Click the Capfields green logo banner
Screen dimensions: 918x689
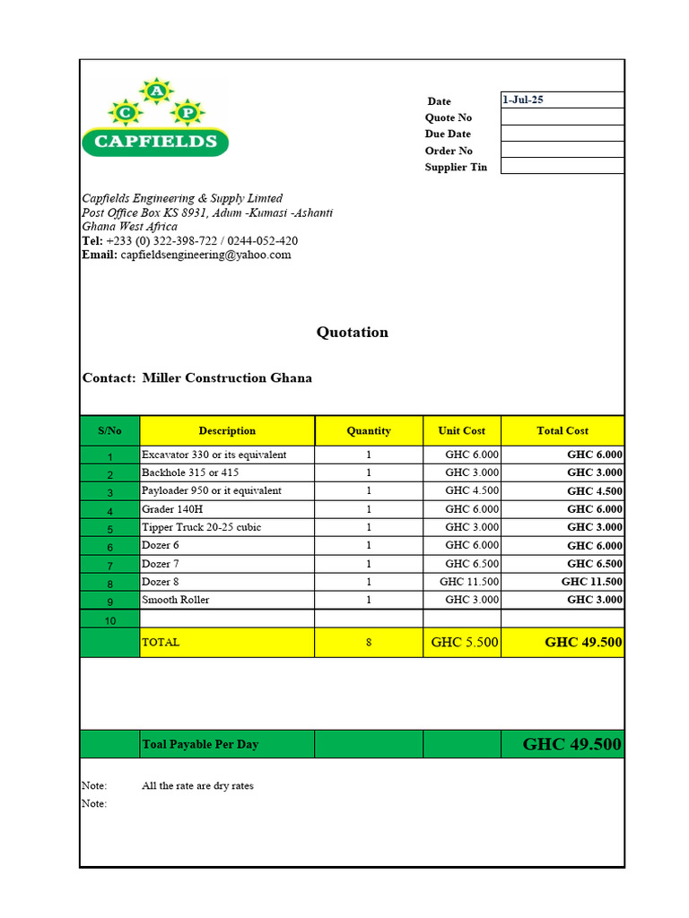click(x=155, y=141)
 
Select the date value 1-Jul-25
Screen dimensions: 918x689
click(x=523, y=100)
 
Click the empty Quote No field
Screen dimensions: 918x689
click(x=562, y=117)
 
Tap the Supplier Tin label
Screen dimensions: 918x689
click(x=456, y=168)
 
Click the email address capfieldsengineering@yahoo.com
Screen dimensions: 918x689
click(x=205, y=255)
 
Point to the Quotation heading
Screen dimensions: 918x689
click(x=353, y=333)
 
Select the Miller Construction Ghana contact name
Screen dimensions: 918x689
click(x=227, y=378)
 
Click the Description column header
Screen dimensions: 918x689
click(x=227, y=430)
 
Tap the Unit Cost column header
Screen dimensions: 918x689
click(x=461, y=430)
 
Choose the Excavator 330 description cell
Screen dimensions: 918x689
click(x=214, y=455)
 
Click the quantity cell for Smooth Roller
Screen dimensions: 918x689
click(x=369, y=600)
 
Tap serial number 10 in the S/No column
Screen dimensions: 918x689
click(x=109, y=619)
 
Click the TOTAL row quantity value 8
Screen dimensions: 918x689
click(x=369, y=643)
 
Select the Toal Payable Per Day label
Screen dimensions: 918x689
click(x=200, y=744)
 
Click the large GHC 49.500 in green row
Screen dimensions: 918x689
click(x=571, y=744)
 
